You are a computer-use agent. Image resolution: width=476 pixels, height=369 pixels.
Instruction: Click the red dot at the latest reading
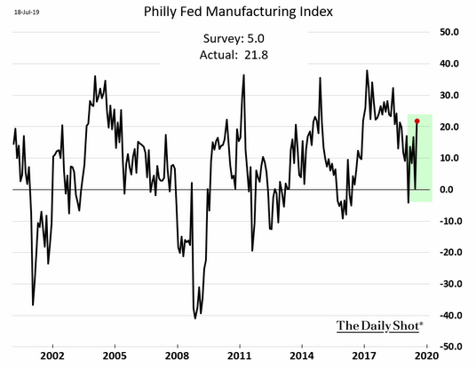pos(417,122)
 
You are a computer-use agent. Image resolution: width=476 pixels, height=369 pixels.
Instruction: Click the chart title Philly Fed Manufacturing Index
pos(238,12)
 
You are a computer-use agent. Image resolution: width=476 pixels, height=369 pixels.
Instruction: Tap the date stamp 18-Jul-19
pos(27,12)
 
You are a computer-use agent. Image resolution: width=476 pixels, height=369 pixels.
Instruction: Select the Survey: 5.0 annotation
pos(234,38)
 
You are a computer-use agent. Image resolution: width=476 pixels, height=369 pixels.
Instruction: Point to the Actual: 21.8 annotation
pos(234,55)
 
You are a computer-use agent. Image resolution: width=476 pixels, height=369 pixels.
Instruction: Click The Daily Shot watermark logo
pos(379,326)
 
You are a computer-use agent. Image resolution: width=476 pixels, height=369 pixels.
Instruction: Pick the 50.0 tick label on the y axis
pos(449,32)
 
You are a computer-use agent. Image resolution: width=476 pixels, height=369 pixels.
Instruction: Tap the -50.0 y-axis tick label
pos(451,346)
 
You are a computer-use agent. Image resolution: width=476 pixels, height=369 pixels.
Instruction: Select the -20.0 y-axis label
pos(451,252)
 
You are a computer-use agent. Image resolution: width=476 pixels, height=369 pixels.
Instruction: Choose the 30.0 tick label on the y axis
pos(449,95)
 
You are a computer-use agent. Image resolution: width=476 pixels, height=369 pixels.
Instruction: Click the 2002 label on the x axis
pos(52,356)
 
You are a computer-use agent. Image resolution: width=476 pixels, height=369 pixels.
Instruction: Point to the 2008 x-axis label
pos(178,356)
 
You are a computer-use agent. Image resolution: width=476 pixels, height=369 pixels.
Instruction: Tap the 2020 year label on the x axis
pos(427,356)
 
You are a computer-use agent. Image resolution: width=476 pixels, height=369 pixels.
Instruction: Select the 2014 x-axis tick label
pos(302,356)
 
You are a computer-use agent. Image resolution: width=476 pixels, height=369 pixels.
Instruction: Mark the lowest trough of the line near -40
pos(194,318)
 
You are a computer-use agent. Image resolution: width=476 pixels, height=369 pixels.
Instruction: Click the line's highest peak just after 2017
pos(367,71)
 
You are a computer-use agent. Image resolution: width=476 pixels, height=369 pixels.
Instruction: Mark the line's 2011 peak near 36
pos(243,75)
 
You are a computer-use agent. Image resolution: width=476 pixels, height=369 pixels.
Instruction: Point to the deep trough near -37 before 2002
pos(33,305)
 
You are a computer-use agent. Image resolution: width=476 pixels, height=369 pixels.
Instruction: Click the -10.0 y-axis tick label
pos(451,221)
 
